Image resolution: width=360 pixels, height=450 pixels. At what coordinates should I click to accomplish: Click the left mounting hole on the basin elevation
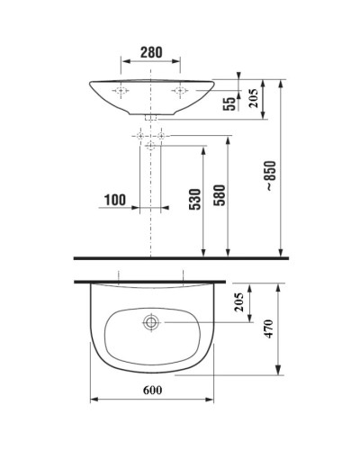pos(120,90)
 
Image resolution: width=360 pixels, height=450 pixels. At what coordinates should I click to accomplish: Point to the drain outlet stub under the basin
pos(151,117)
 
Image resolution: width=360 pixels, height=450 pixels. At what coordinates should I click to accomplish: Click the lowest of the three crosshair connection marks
pos(151,144)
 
